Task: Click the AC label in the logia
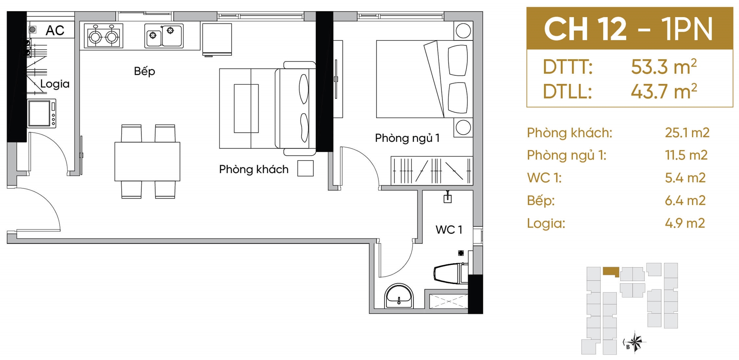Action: [55, 30]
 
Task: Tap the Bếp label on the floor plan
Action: [144, 71]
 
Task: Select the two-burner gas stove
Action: [104, 36]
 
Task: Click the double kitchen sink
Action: [164, 36]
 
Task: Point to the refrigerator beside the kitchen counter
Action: [217, 39]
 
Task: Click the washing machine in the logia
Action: [42, 114]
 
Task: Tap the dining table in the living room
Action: [147, 161]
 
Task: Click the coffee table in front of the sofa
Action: [246, 109]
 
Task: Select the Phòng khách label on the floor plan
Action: [254, 169]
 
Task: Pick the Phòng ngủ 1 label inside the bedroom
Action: [407, 138]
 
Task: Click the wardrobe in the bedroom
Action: [432, 171]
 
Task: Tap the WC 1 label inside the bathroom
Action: [449, 230]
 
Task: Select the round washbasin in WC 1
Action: [399, 296]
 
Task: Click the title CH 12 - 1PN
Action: [629, 29]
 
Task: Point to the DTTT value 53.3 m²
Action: [664, 67]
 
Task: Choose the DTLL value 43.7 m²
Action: [664, 92]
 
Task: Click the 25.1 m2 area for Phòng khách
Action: [687, 133]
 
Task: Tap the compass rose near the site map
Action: [635, 341]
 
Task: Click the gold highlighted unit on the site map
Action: [611, 271]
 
